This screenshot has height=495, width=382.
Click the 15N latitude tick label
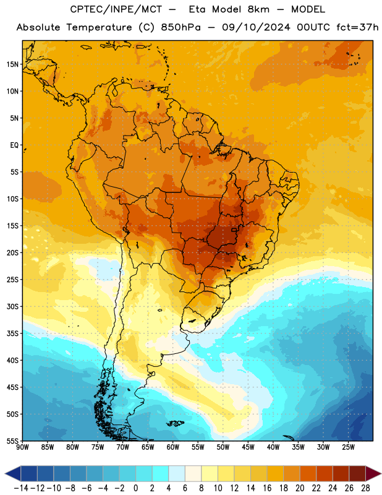click(12, 64)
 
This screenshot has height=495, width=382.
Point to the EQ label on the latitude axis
click(14, 145)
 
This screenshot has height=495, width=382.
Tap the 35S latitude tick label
click(12, 334)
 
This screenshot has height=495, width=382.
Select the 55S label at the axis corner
click(12, 441)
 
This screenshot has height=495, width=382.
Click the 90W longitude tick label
click(23, 447)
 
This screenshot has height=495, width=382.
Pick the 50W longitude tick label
click(223, 447)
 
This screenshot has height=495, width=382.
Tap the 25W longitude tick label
click(348, 447)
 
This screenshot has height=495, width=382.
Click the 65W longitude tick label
click(148, 447)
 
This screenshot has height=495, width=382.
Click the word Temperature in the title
click(99, 27)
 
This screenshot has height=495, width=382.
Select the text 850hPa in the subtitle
click(180, 27)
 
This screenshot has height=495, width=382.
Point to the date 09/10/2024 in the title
click(256, 27)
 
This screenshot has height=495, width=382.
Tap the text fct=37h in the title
click(357, 27)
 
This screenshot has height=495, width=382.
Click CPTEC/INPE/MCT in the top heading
click(116, 9)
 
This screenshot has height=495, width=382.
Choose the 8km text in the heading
click(258, 9)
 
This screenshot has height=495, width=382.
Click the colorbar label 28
click(365, 488)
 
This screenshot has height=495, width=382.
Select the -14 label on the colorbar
click(21, 488)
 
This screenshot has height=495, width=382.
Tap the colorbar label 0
click(135, 488)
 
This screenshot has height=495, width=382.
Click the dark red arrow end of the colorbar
click(373, 473)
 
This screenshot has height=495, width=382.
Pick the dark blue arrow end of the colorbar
click(12, 473)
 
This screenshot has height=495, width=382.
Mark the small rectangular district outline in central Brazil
click(234, 230)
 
